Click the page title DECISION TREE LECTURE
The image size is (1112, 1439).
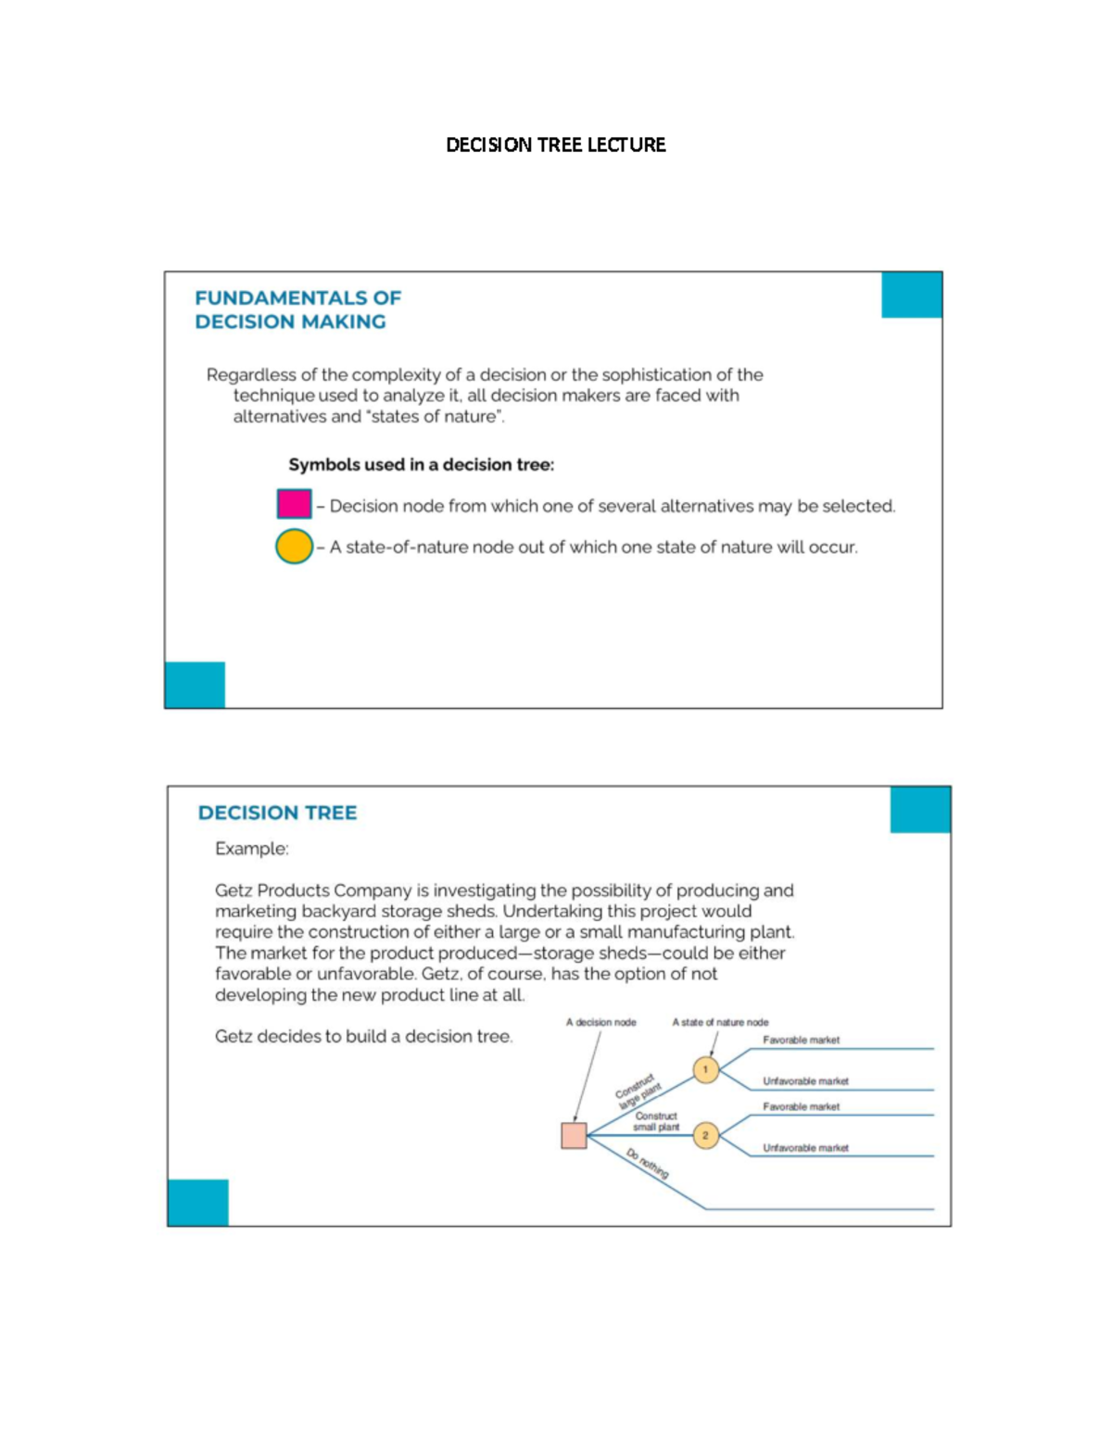[x=555, y=145]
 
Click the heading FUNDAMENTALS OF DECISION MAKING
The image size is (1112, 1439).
[x=297, y=309]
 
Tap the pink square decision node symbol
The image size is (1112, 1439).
[x=294, y=504]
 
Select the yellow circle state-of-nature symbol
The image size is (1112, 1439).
[x=294, y=547]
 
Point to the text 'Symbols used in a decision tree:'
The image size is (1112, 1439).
[x=421, y=464]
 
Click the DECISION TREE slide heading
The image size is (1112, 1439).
[x=277, y=813]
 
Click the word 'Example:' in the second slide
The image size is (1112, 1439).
[x=252, y=849]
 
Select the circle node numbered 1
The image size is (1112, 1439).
[x=705, y=1069]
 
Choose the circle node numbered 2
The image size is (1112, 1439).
[x=705, y=1135]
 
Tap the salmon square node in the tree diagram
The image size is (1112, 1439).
[x=574, y=1135]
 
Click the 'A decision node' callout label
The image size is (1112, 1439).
[x=600, y=1022]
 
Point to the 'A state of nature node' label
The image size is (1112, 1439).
[x=720, y=1022]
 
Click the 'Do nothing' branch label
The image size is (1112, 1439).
[x=647, y=1163]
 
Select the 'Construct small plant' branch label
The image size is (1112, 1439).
[x=656, y=1121]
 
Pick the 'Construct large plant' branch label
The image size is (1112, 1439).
[x=638, y=1091]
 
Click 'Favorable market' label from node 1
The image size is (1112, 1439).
[x=801, y=1040]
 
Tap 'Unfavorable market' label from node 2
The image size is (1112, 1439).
[x=805, y=1148]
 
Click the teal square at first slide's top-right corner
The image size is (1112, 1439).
[x=911, y=295]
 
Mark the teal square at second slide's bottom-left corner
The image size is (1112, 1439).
[x=198, y=1202]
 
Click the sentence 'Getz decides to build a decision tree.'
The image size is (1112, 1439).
[x=363, y=1037]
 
